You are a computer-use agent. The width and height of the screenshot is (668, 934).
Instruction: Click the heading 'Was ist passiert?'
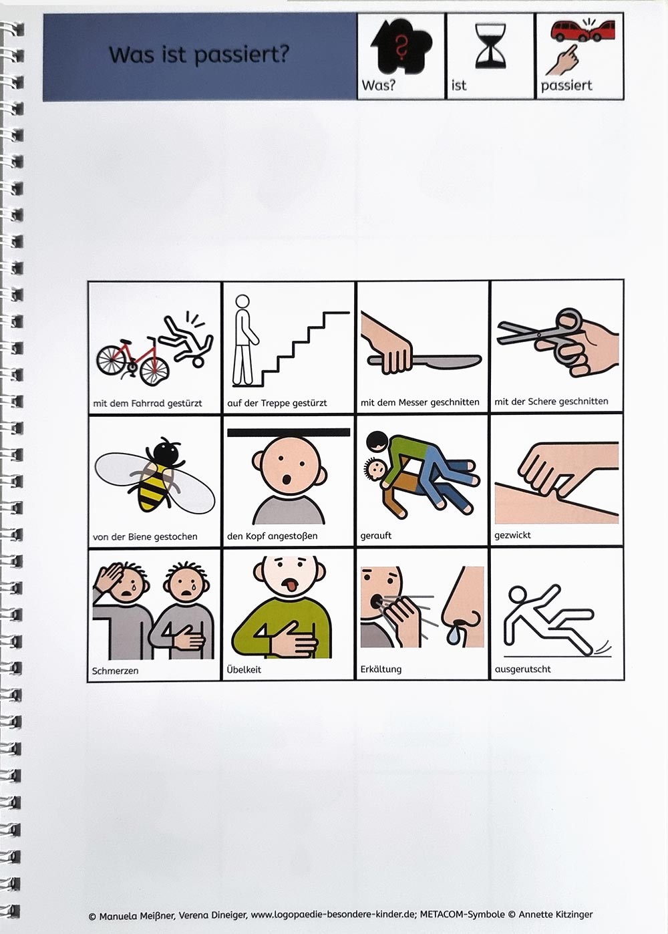click(199, 55)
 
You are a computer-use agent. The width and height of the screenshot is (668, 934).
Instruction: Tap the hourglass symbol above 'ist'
click(490, 46)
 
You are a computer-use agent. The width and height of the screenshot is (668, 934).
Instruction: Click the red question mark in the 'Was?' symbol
click(401, 46)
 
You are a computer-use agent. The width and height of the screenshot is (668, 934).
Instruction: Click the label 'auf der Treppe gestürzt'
click(277, 404)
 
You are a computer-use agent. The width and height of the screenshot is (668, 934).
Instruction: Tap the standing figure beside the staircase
click(244, 340)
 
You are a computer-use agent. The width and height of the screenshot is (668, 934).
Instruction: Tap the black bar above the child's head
click(289, 432)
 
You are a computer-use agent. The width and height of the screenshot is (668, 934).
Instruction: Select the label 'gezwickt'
click(512, 535)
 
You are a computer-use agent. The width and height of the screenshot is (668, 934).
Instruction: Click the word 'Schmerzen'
click(115, 671)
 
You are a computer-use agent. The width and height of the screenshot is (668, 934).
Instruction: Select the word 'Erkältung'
click(381, 669)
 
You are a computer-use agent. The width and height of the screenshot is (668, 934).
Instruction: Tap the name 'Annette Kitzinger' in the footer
click(555, 915)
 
